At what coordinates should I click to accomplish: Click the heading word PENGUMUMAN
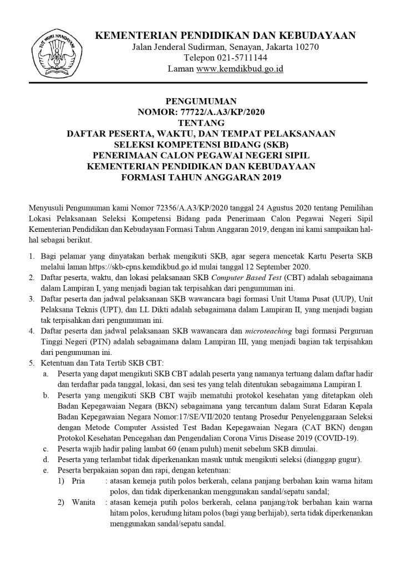(201, 102)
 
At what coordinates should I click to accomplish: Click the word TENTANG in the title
(201, 123)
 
